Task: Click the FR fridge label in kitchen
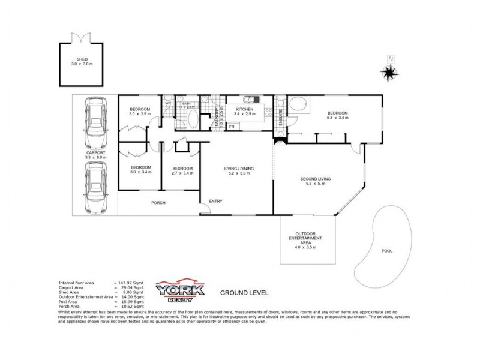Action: pos(231,127)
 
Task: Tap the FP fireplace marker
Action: pos(279,143)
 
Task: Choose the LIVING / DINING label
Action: pos(238,169)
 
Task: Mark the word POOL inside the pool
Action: pos(388,251)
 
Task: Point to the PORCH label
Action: pos(158,203)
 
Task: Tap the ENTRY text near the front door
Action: pos(215,200)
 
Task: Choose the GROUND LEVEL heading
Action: pos(244,293)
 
